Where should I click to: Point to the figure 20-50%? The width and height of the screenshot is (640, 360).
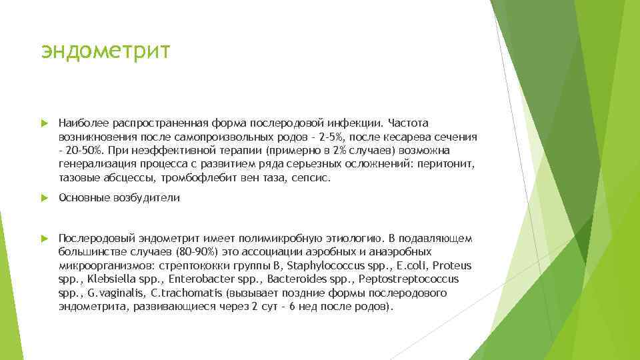click(x=81, y=151)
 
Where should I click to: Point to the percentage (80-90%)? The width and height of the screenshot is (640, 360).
click(x=175, y=251)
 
